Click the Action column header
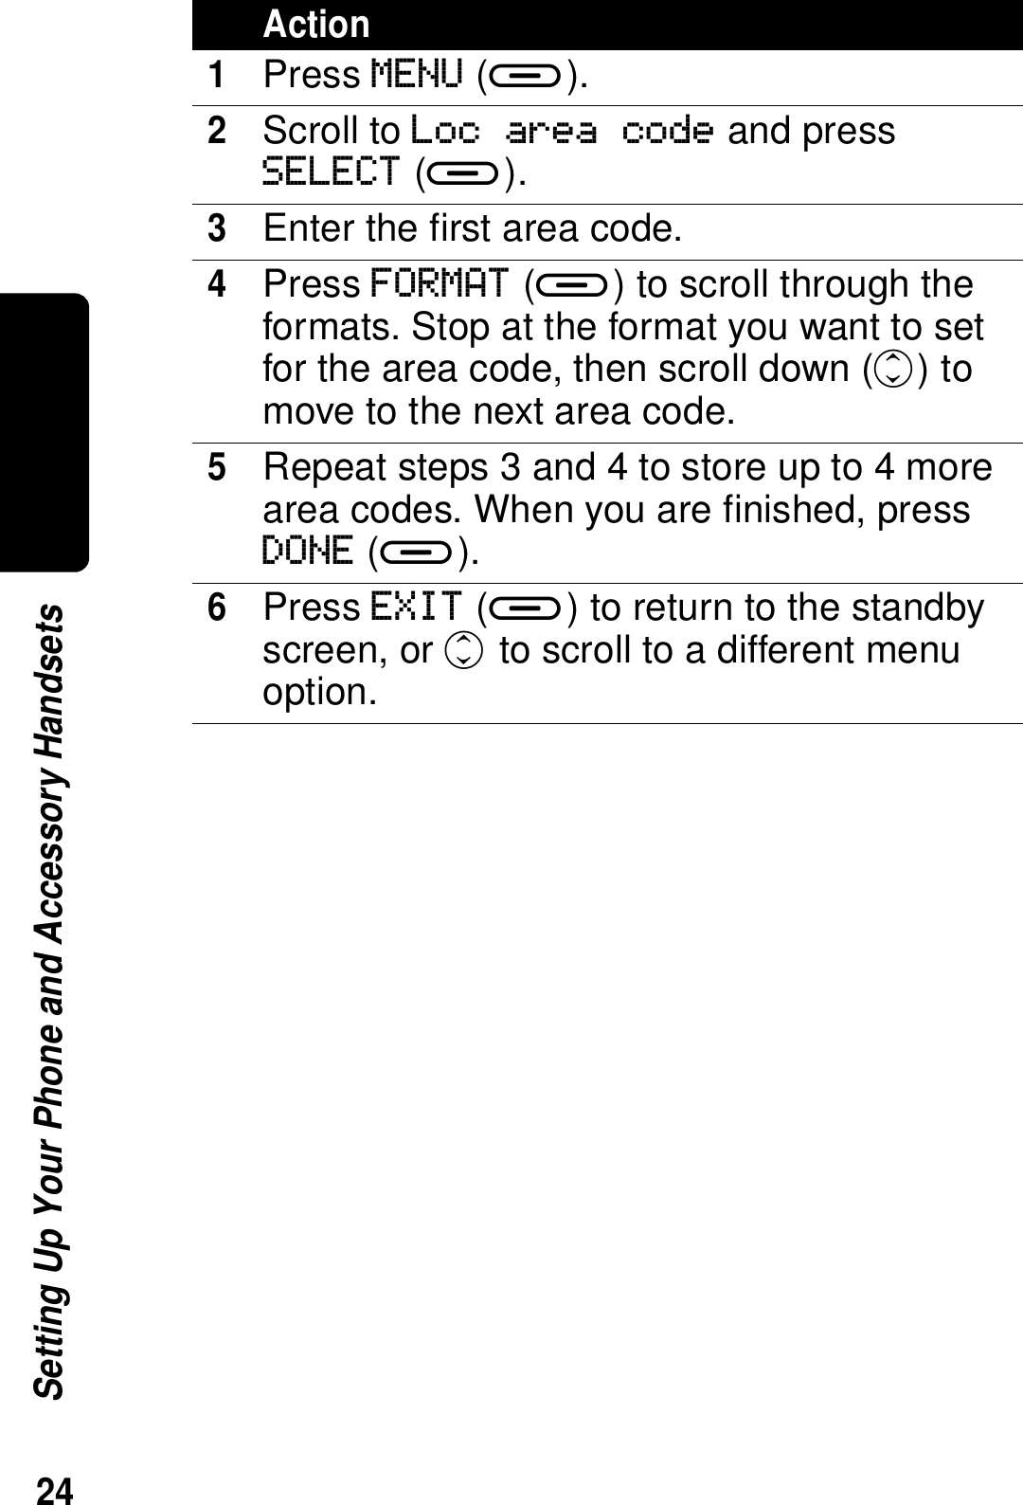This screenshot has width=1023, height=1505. pyautogui.click(x=316, y=25)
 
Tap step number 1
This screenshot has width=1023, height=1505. pyautogui.click(x=218, y=74)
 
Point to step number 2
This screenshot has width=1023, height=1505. pyautogui.click(x=218, y=131)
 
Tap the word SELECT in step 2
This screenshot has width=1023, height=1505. pyautogui.click(x=332, y=172)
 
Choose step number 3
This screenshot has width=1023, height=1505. pyautogui.click(x=218, y=228)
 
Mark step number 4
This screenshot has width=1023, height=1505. pyautogui.click(x=218, y=284)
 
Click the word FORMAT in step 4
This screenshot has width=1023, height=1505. pyautogui.click(x=440, y=283)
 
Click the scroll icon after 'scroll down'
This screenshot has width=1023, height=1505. pyautogui.click(x=888, y=370)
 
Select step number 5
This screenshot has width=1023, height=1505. pyautogui.click(x=218, y=467)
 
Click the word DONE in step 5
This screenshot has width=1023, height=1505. pyautogui.click(x=308, y=551)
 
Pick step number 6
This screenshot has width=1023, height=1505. pyautogui.click(x=218, y=607)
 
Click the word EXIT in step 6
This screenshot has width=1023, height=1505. pyautogui.click(x=417, y=607)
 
